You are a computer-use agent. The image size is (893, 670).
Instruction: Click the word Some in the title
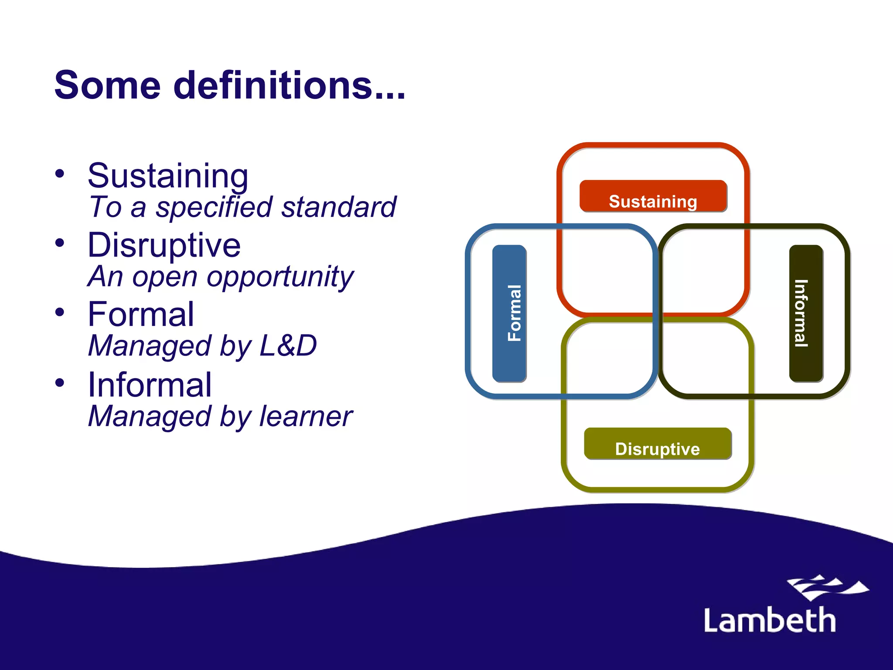[107, 85]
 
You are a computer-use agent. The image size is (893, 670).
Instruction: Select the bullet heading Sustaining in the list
[168, 176]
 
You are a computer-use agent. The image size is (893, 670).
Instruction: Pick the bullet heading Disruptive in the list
[164, 245]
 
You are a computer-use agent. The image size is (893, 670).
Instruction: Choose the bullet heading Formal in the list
[140, 314]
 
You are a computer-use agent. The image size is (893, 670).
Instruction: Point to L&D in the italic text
[288, 345]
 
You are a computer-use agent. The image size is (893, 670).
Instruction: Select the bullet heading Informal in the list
[150, 385]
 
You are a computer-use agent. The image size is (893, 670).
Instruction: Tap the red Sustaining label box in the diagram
[653, 196]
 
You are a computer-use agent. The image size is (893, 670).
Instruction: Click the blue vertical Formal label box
[509, 313]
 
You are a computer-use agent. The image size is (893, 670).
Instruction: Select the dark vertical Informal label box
[806, 313]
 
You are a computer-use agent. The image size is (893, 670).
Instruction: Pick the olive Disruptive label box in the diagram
[658, 444]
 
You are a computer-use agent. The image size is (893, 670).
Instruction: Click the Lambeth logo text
[770, 620]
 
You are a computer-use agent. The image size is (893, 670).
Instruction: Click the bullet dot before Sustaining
[60, 174]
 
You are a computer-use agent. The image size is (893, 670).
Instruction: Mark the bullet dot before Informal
[60, 383]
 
